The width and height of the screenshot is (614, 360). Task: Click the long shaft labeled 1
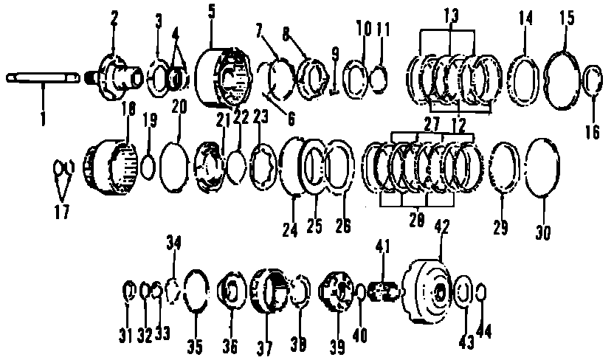[44, 77]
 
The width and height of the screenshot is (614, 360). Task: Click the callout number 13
[452, 15]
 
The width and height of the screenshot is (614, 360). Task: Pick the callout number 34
[173, 243]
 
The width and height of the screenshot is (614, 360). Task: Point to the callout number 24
[289, 229]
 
